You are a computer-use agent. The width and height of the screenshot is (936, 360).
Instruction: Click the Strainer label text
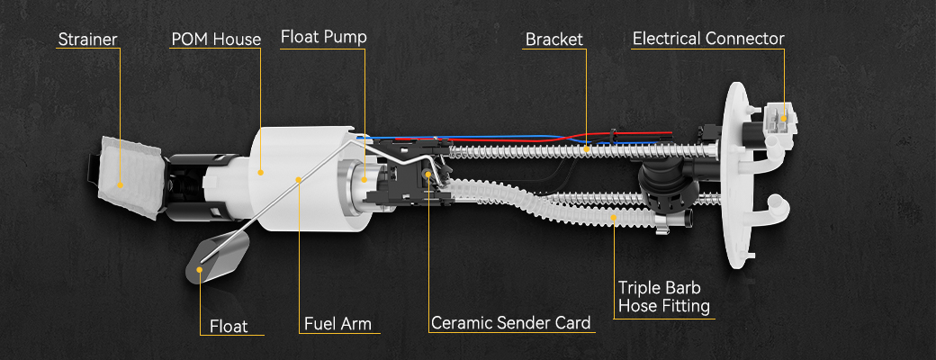[88, 40]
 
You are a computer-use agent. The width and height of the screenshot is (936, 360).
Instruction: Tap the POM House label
[216, 40]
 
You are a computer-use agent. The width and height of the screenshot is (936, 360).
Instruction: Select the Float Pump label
[323, 38]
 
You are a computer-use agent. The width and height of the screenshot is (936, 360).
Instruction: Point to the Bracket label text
[554, 40]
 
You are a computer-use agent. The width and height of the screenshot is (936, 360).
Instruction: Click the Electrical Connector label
[708, 39]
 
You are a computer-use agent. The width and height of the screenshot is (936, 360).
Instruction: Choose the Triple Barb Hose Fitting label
[663, 297]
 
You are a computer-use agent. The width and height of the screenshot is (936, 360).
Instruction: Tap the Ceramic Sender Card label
[510, 322]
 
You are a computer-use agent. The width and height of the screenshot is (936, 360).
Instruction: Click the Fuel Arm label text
[337, 322]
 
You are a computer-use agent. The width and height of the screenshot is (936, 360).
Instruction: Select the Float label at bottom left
[229, 326]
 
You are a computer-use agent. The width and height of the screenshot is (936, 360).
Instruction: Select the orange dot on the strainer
[121, 184]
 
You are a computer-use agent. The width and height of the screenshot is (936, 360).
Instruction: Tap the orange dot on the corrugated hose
[615, 217]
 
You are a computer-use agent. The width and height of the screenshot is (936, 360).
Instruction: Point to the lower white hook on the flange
[776, 208]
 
